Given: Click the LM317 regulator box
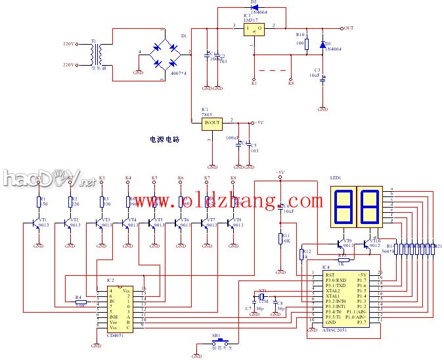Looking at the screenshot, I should [x=254, y=28].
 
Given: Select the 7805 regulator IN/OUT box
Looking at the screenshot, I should [x=211, y=122].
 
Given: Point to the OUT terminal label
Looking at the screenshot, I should [x=348, y=28].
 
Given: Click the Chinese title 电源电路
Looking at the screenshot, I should [x=165, y=140].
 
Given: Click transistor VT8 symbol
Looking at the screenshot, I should [x=233, y=225].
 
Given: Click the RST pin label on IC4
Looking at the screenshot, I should [x=321, y=275].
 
